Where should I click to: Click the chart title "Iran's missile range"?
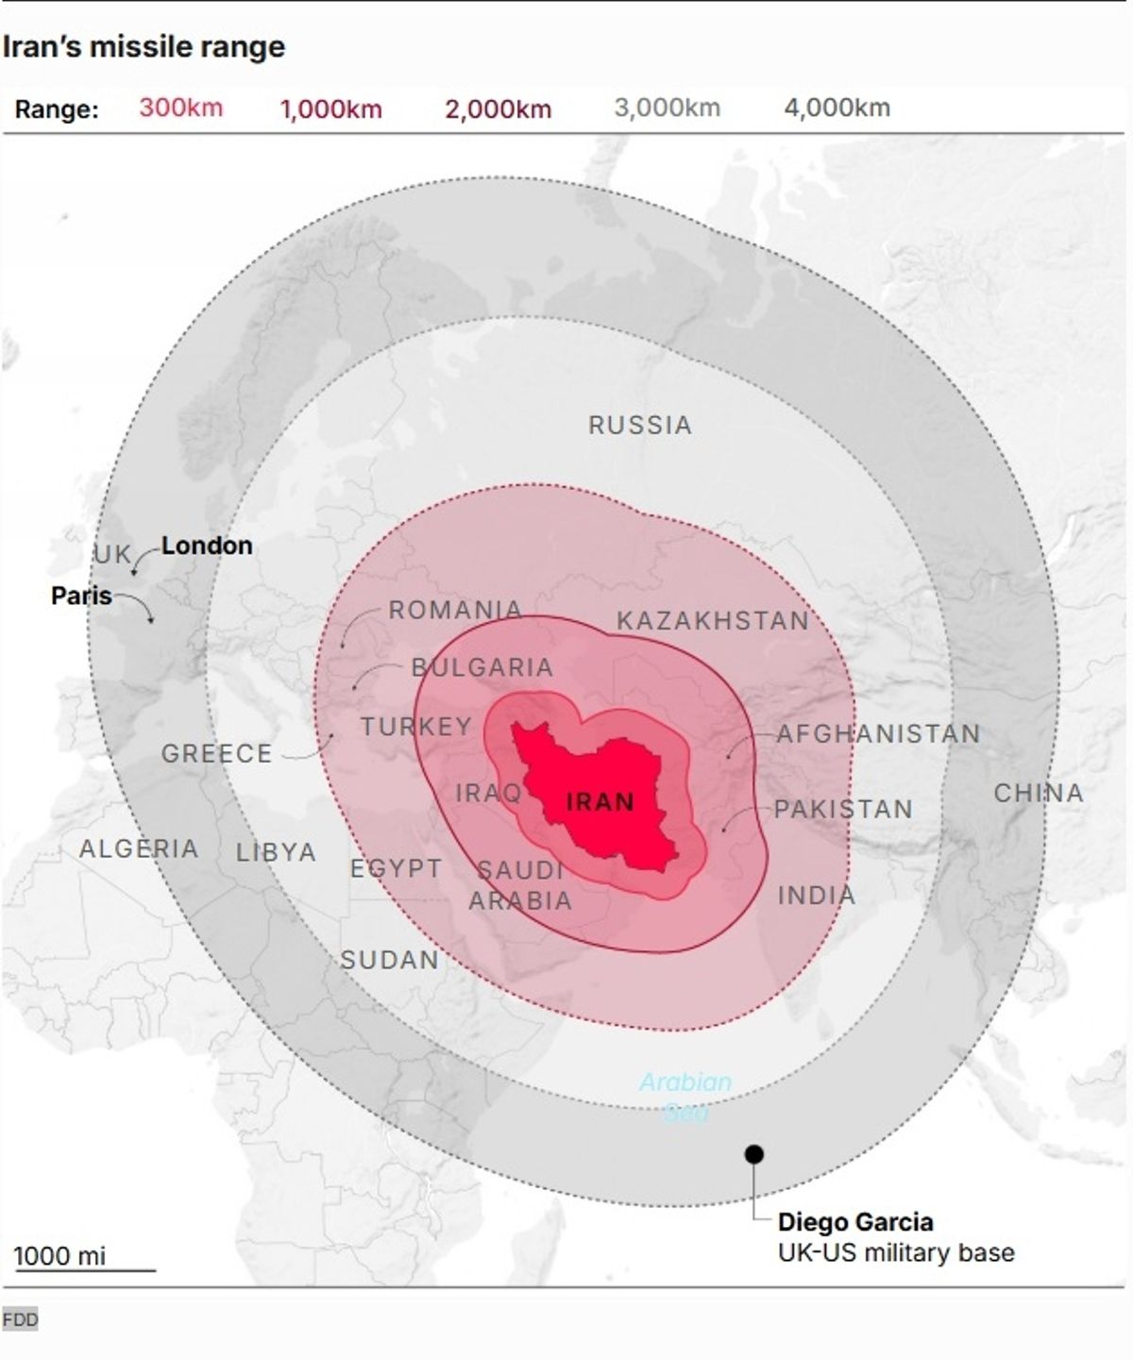tap(144, 47)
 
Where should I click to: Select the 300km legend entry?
tap(180, 108)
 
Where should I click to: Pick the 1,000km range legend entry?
tap(330, 109)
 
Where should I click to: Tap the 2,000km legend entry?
tap(498, 109)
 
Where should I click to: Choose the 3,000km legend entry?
tap(667, 108)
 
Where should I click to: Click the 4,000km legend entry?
tap(837, 108)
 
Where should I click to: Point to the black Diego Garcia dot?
tap(753, 1153)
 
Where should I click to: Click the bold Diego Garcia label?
tap(854, 1222)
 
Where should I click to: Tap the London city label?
tap(207, 546)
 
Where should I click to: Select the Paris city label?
tap(81, 596)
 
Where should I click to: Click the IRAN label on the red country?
tap(600, 802)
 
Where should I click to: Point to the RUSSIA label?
tap(640, 426)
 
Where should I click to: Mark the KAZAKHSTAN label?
tap(713, 621)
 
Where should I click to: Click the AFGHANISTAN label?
tap(878, 733)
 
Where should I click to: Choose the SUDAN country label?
tap(389, 960)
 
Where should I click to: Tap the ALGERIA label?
tap(139, 848)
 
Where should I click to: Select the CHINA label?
tap(1038, 793)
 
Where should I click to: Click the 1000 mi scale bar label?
tap(59, 1256)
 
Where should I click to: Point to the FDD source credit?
tap(20, 1318)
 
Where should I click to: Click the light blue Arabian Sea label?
tap(685, 1095)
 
